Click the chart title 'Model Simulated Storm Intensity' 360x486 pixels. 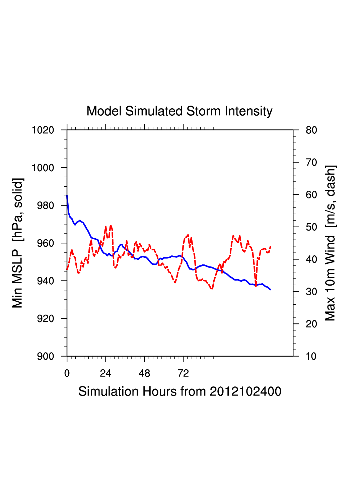[x=179, y=111]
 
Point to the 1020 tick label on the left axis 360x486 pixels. [x=43, y=130]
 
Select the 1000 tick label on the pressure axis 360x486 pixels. [x=43, y=168]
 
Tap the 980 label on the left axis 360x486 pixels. [x=45, y=205]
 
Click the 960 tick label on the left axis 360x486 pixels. [x=45, y=243]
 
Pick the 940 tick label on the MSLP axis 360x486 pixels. [x=45, y=281]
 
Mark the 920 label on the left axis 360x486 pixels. [x=45, y=319]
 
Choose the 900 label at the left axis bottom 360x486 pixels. [x=45, y=356]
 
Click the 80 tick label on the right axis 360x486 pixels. [x=311, y=130]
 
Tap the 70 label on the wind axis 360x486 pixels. [x=311, y=163]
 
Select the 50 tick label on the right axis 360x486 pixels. [x=311, y=227]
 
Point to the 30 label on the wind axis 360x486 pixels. [x=311, y=292]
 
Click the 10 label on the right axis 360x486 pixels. [x=311, y=356]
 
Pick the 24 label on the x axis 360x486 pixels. [x=105, y=373]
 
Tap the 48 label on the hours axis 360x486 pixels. [x=144, y=373]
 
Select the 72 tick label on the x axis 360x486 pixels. [x=183, y=373]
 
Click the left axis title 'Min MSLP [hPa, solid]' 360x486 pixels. [x=17, y=243]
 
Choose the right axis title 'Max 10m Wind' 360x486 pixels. [x=330, y=243]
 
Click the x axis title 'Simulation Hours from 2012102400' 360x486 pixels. [x=180, y=391]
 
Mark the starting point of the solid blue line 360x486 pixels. [x=67, y=196]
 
